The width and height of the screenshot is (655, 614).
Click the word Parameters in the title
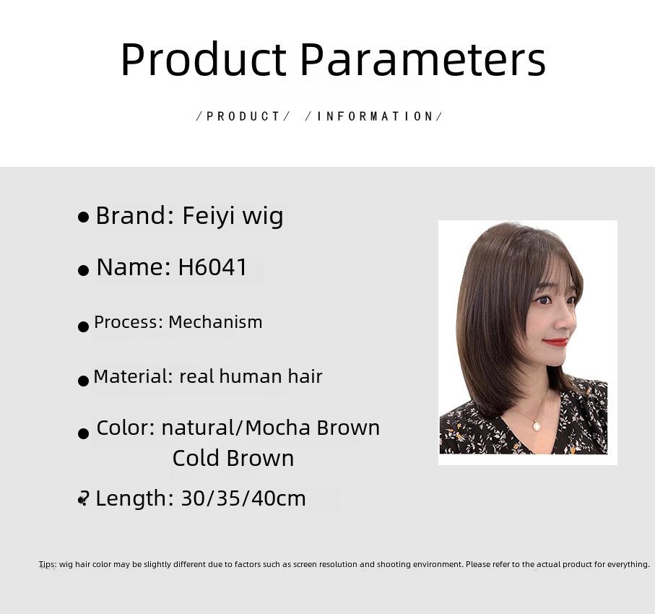coord(422,59)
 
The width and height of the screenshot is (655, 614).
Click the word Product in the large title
coord(204,59)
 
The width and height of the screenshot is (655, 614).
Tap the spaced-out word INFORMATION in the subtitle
coord(376,116)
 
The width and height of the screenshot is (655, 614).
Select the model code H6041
coord(212,267)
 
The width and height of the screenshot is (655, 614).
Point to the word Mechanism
coord(215,322)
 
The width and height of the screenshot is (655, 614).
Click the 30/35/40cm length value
coord(243,498)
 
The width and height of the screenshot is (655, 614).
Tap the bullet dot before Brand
coord(84,217)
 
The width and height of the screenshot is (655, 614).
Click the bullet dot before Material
coord(84,381)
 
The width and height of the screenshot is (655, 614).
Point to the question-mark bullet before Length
coord(84,498)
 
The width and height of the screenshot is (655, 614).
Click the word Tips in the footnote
coord(47,564)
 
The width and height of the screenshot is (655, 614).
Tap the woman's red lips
coord(556,342)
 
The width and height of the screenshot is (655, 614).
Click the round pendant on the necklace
coord(537,426)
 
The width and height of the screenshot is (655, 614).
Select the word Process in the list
coord(126,322)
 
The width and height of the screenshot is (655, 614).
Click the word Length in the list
coord(131,498)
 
